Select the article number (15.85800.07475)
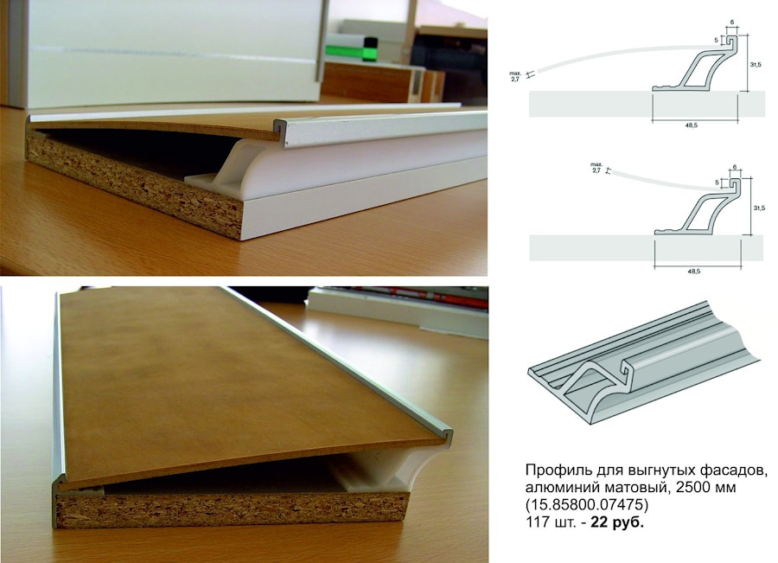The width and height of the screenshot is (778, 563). click(587, 505)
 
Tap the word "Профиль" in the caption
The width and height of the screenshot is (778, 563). click(552, 470)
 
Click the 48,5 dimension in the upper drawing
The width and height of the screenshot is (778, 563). click(692, 125)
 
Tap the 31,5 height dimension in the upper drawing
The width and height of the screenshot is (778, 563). click(756, 65)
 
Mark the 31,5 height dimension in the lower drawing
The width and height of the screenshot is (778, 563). click(759, 208)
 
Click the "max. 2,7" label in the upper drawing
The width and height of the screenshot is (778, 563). click(514, 76)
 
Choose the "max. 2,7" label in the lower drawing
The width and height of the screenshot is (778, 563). click(596, 167)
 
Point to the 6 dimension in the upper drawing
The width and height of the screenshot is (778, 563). click(732, 22)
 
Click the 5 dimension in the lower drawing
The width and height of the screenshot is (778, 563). click(717, 182)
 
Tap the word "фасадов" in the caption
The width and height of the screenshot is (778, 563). click(742, 470)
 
